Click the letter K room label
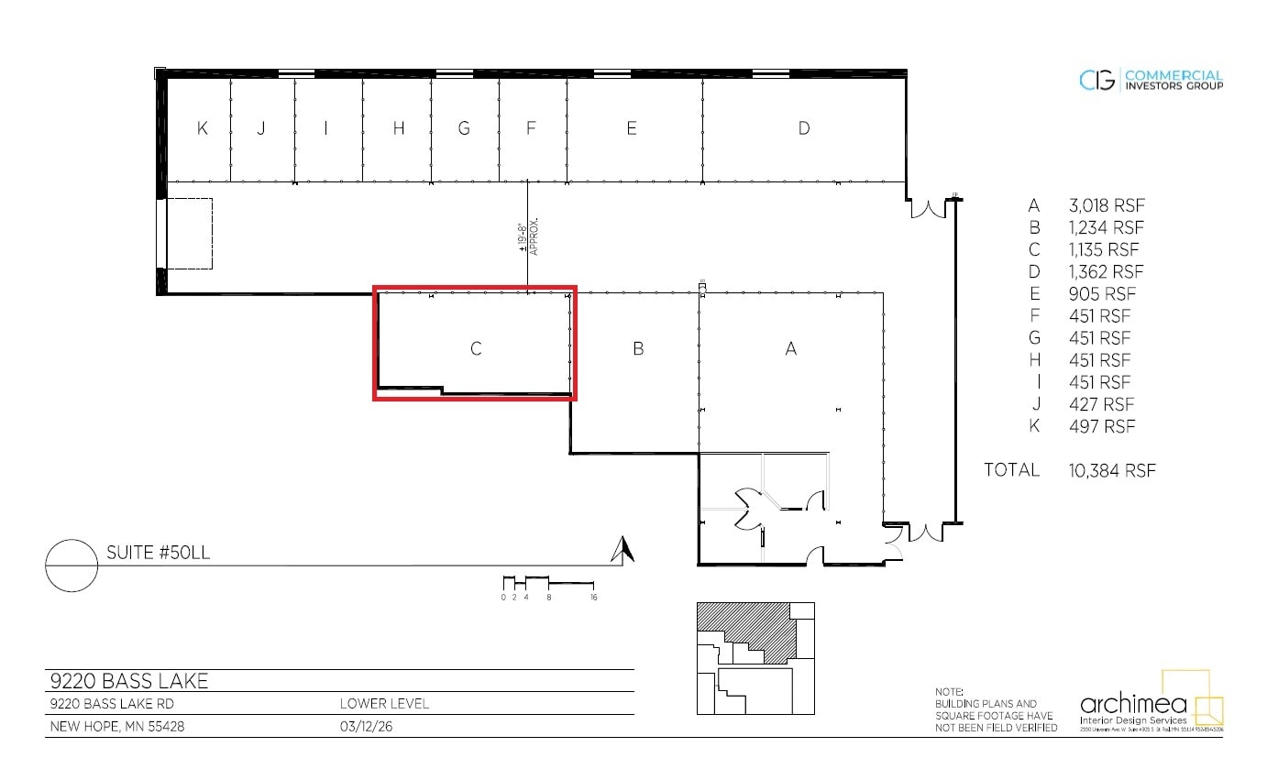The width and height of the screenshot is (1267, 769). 202,128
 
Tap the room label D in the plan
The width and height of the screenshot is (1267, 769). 804,128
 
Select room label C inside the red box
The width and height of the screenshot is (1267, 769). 476,348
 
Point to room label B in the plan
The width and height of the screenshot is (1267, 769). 638,348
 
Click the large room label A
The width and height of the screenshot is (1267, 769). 791,348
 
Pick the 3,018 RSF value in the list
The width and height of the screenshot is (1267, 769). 1107,205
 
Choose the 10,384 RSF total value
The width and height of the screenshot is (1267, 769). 1112,470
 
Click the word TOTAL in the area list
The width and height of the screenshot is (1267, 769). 1011,469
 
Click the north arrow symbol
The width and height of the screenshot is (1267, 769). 623,549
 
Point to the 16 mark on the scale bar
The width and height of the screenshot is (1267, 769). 594,597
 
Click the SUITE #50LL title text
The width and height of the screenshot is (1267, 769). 159,553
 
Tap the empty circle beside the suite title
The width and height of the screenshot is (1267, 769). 72,566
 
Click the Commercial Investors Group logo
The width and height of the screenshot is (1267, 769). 1151,81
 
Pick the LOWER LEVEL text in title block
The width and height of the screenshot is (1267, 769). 384,704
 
